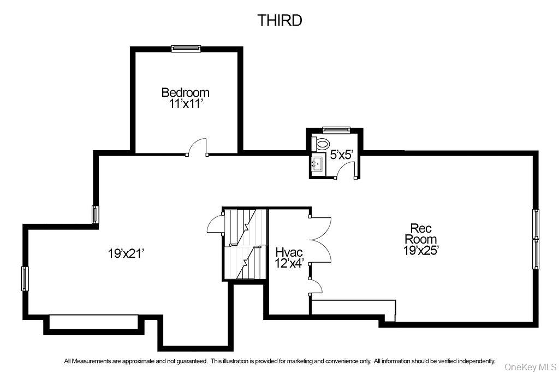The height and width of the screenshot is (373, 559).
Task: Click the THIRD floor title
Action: [x=279, y=21]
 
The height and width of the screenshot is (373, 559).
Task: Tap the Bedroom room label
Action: [x=185, y=92]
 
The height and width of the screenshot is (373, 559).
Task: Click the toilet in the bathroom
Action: [x=322, y=144]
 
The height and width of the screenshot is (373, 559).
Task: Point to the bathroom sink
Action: [x=317, y=163]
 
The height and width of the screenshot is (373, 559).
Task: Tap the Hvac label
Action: [x=289, y=252]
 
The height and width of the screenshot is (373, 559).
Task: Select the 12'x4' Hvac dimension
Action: [x=289, y=263]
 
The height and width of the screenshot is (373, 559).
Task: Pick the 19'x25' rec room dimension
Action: [x=421, y=250]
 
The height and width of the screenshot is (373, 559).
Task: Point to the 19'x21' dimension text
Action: [x=126, y=253]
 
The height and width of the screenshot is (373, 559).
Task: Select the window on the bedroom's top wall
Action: [x=186, y=49]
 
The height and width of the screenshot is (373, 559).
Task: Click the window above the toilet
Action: [x=332, y=130]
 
